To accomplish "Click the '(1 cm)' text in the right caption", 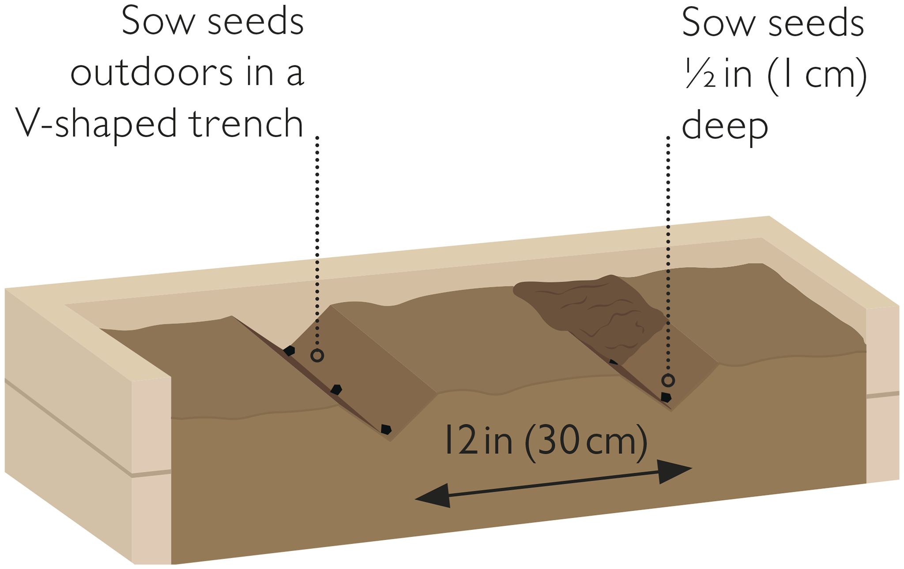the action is click(x=818, y=74).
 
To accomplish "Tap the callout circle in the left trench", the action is click(x=317, y=355).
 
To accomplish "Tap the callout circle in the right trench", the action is click(x=668, y=380).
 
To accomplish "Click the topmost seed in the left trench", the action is click(x=289, y=351).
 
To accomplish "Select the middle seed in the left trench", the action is click(x=336, y=389).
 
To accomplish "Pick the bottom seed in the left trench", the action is click(x=386, y=429).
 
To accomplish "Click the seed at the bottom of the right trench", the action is click(x=666, y=397).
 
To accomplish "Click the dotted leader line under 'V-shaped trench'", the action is click(x=317, y=242).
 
